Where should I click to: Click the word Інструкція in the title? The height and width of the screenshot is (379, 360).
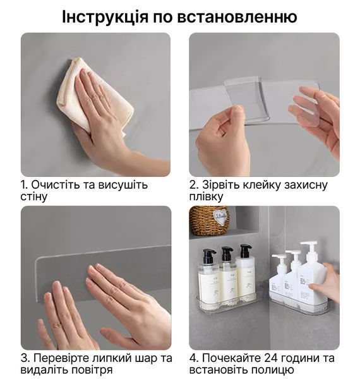[105, 17]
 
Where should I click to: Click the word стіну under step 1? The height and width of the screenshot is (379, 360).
[33, 196]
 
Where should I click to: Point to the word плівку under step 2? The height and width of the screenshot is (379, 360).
[206, 196]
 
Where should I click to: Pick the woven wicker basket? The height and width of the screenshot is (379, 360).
[209, 220]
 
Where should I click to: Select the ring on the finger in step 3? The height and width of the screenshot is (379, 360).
[57, 325]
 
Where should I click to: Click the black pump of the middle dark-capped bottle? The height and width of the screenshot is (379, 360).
[227, 254]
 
